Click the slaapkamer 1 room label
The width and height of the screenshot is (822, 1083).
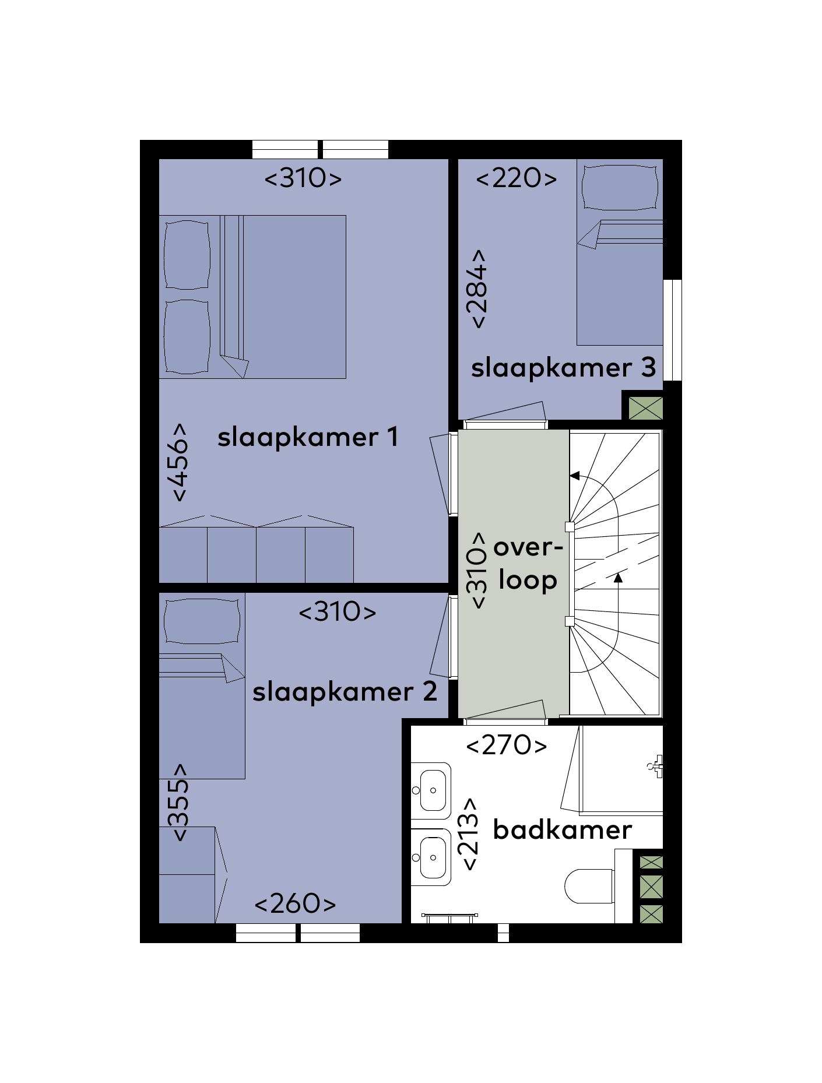click(x=308, y=437)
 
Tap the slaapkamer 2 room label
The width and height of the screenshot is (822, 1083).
click(x=345, y=692)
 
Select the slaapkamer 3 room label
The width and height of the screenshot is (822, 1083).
click(x=563, y=368)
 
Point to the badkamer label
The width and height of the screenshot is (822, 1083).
click(x=562, y=829)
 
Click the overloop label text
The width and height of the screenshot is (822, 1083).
click(x=528, y=564)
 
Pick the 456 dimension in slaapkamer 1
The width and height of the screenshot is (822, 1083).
click(x=180, y=462)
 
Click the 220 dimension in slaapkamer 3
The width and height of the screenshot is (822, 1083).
click(x=517, y=178)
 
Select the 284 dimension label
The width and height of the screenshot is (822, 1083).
click(x=476, y=289)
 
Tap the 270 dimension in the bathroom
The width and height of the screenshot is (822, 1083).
click(x=507, y=745)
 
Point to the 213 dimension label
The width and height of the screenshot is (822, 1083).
click(x=469, y=835)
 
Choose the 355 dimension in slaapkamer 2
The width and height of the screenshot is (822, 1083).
click(x=178, y=802)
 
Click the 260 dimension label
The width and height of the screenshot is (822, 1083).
click(x=296, y=903)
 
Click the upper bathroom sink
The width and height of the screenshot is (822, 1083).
click(x=431, y=790)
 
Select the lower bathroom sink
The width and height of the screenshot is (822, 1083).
click(x=431, y=857)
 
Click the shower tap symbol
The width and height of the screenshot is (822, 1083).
click(x=656, y=766)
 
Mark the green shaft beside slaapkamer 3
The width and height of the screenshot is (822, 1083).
click(x=646, y=408)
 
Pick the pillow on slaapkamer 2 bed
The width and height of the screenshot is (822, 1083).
click(x=202, y=621)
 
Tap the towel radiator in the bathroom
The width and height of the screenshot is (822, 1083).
click(x=449, y=918)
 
